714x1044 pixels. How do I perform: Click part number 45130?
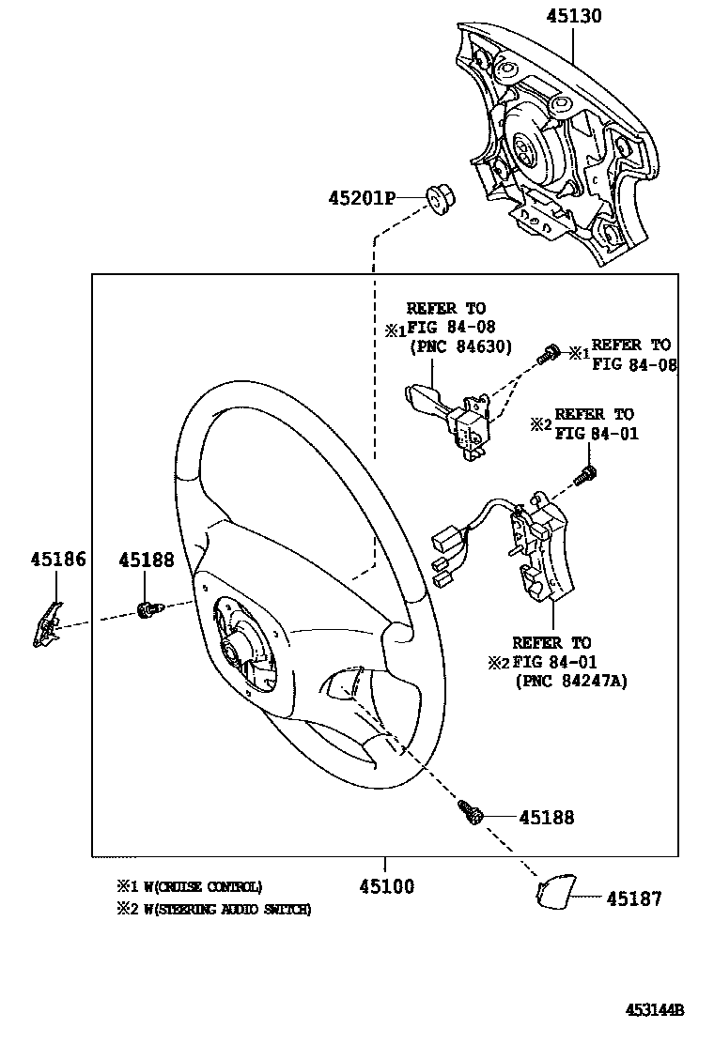pos(574,16)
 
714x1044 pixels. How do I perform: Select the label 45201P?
pos(361,198)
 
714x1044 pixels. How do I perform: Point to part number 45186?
pos(57,560)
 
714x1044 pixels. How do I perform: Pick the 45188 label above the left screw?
pos(146,560)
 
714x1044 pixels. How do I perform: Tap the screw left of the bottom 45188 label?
pos(471,811)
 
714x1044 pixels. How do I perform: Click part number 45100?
pos(386,886)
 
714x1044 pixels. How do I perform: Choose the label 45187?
pos(633,898)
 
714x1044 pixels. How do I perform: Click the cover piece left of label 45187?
pos(554,892)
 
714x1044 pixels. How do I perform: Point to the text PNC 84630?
pos(460,347)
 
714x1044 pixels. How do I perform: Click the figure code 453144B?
pos(655,1010)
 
